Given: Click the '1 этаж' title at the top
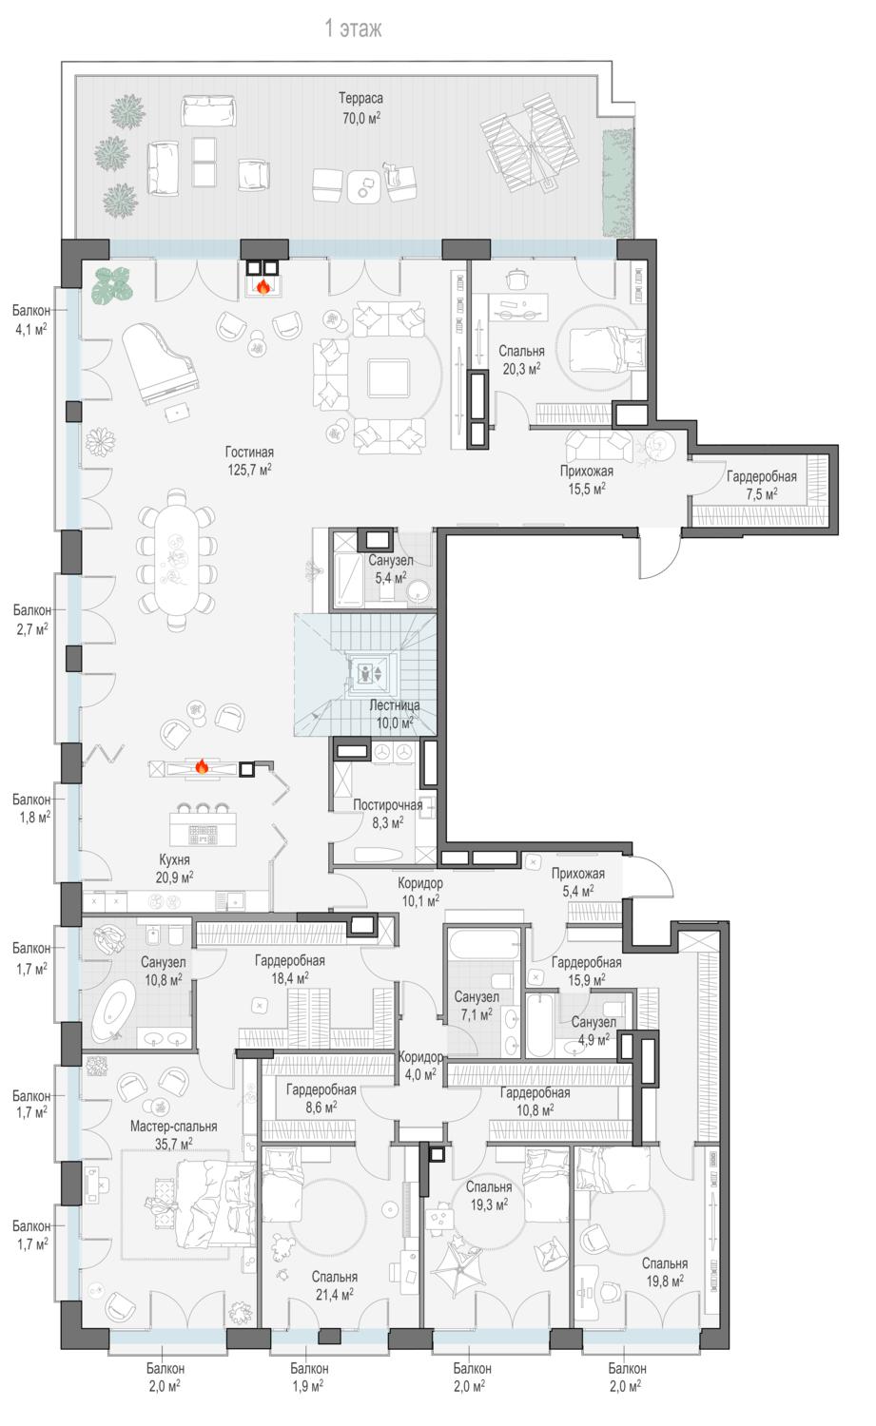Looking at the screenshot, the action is pyautogui.click(x=353, y=29).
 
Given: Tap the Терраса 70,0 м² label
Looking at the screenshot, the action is pyautogui.click(x=360, y=107).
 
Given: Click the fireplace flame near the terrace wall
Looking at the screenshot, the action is pyautogui.click(x=263, y=286).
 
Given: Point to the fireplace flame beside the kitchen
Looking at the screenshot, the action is pyautogui.click(x=202, y=766).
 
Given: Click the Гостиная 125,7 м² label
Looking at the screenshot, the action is pyautogui.click(x=249, y=461).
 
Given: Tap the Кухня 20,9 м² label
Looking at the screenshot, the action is pyautogui.click(x=175, y=868).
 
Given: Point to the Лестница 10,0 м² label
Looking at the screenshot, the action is pyautogui.click(x=395, y=714).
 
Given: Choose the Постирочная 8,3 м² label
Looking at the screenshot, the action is pyautogui.click(x=387, y=814).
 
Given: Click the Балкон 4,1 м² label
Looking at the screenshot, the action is pyautogui.click(x=30, y=319).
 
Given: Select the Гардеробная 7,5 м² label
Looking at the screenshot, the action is pyautogui.click(x=761, y=485).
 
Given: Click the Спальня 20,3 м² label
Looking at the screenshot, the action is pyautogui.click(x=521, y=359).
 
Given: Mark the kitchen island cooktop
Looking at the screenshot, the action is pyautogui.click(x=204, y=834).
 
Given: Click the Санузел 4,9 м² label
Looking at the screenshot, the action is pyautogui.click(x=594, y=1031).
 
